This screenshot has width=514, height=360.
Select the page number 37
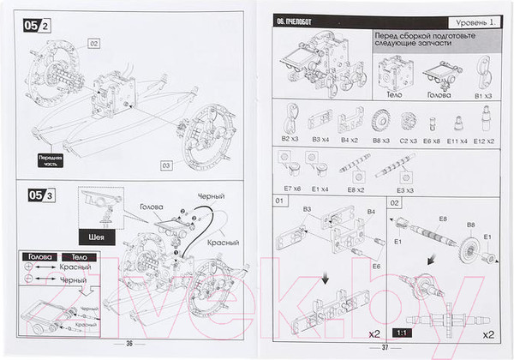385,346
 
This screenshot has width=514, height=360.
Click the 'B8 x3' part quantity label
381,138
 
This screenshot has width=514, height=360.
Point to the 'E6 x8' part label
432,138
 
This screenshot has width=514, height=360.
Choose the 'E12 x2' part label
485,138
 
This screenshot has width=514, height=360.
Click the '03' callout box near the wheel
164,165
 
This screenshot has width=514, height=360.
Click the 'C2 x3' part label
407,138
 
